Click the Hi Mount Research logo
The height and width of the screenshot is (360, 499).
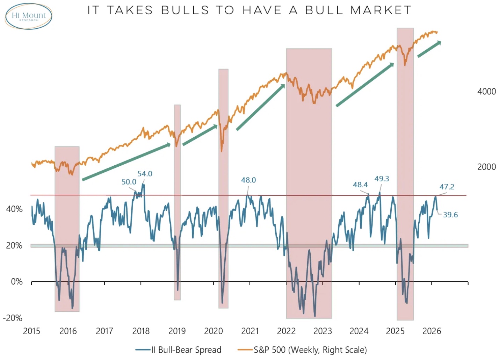pyautogui.click(x=28, y=16)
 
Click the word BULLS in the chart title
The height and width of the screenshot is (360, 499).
pyautogui.click(x=185, y=10)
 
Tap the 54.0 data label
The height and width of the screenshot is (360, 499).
pyautogui.click(x=145, y=174)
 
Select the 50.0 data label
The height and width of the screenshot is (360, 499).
pyautogui.click(x=129, y=182)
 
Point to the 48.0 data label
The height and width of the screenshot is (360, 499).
pyautogui.click(x=248, y=180)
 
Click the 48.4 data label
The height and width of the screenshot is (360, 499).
pyautogui.click(x=360, y=185)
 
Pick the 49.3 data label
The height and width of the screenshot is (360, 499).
pyautogui.click(x=382, y=179)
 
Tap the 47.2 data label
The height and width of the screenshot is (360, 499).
pyautogui.click(x=447, y=187)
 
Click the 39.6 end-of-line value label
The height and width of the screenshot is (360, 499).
pyautogui.click(x=450, y=215)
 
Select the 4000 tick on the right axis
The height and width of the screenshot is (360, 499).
pyautogui.click(x=486, y=92)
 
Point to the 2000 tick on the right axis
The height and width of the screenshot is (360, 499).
pyautogui.click(x=486, y=167)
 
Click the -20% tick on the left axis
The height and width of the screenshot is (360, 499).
pyautogui.click(x=13, y=318)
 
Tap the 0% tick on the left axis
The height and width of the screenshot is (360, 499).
pyautogui.click(x=16, y=282)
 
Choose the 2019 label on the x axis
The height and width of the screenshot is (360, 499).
pyautogui.click(x=177, y=331)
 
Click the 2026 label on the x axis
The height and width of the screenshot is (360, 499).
pyautogui.click(x=432, y=331)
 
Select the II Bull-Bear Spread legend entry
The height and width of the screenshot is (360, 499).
pyautogui.click(x=179, y=350)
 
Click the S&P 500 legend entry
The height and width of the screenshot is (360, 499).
pyautogui.click(x=302, y=350)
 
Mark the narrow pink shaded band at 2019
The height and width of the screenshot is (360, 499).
pyautogui.click(x=177, y=203)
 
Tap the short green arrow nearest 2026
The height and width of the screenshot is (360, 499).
pyautogui.click(x=429, y=49)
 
